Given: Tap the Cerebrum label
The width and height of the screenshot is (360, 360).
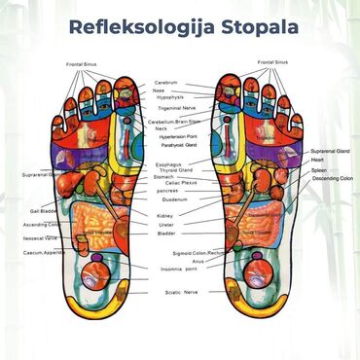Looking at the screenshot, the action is pyautogui.click(x=165, y=84).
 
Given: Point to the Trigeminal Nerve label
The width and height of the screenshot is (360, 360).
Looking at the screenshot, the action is pyautogui.click(x=176, y=109).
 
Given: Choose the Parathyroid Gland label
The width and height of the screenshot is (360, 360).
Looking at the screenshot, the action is pyautogui.click(x=177, y=146).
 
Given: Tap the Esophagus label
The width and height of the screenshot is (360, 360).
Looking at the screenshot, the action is pyautogui.click(x=167, y=164).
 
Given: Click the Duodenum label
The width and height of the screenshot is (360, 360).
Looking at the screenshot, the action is pyautogui.click(x=169, y=198).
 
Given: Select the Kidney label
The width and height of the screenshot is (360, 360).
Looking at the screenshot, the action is pyautogui.click(x=165, y=216).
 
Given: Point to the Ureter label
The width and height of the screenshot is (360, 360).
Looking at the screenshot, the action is pyautogui.click(x=165, y=225).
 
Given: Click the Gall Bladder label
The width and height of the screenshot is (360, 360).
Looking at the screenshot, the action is pyautogui.click(x=43, y=210).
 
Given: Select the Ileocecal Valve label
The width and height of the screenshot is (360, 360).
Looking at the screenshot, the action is pyautogui.click(x=40, y=237).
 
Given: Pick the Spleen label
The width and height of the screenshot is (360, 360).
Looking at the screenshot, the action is pyautogui.click(x=318, y=170).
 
